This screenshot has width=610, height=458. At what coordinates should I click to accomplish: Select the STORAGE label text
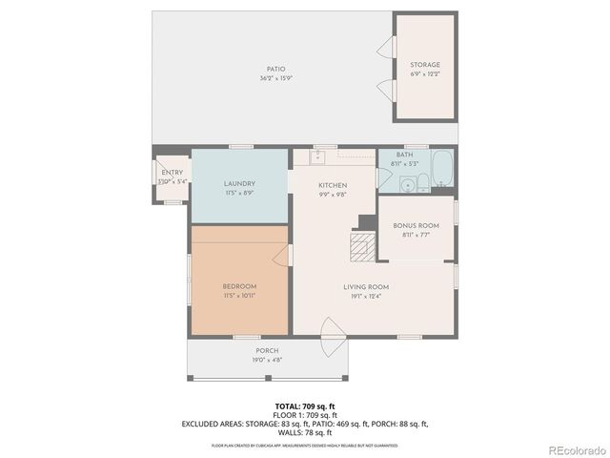click(x=425, y=65)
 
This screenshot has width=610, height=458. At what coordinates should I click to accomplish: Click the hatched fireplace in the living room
click(x=359, y=247)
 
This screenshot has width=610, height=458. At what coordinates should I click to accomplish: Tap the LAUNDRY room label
click(x=238, y=183)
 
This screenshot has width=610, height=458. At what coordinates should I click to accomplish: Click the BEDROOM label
click(x=239, y=286)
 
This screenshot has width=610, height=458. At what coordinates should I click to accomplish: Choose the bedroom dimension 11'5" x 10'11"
click(x=239, y=296)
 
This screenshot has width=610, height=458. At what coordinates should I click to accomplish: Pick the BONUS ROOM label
click(x=416, y=225)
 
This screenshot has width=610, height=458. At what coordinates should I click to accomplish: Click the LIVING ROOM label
click(x=366, y=286)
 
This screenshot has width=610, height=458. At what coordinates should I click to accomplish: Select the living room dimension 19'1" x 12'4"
click(x=366, y=296)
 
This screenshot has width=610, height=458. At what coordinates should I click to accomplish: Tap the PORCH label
click(x=266, y=351)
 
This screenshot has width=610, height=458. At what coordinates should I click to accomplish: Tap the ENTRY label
click(x=173, y=172)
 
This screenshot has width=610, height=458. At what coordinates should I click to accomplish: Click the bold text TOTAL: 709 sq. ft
click(x=304, y=406)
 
